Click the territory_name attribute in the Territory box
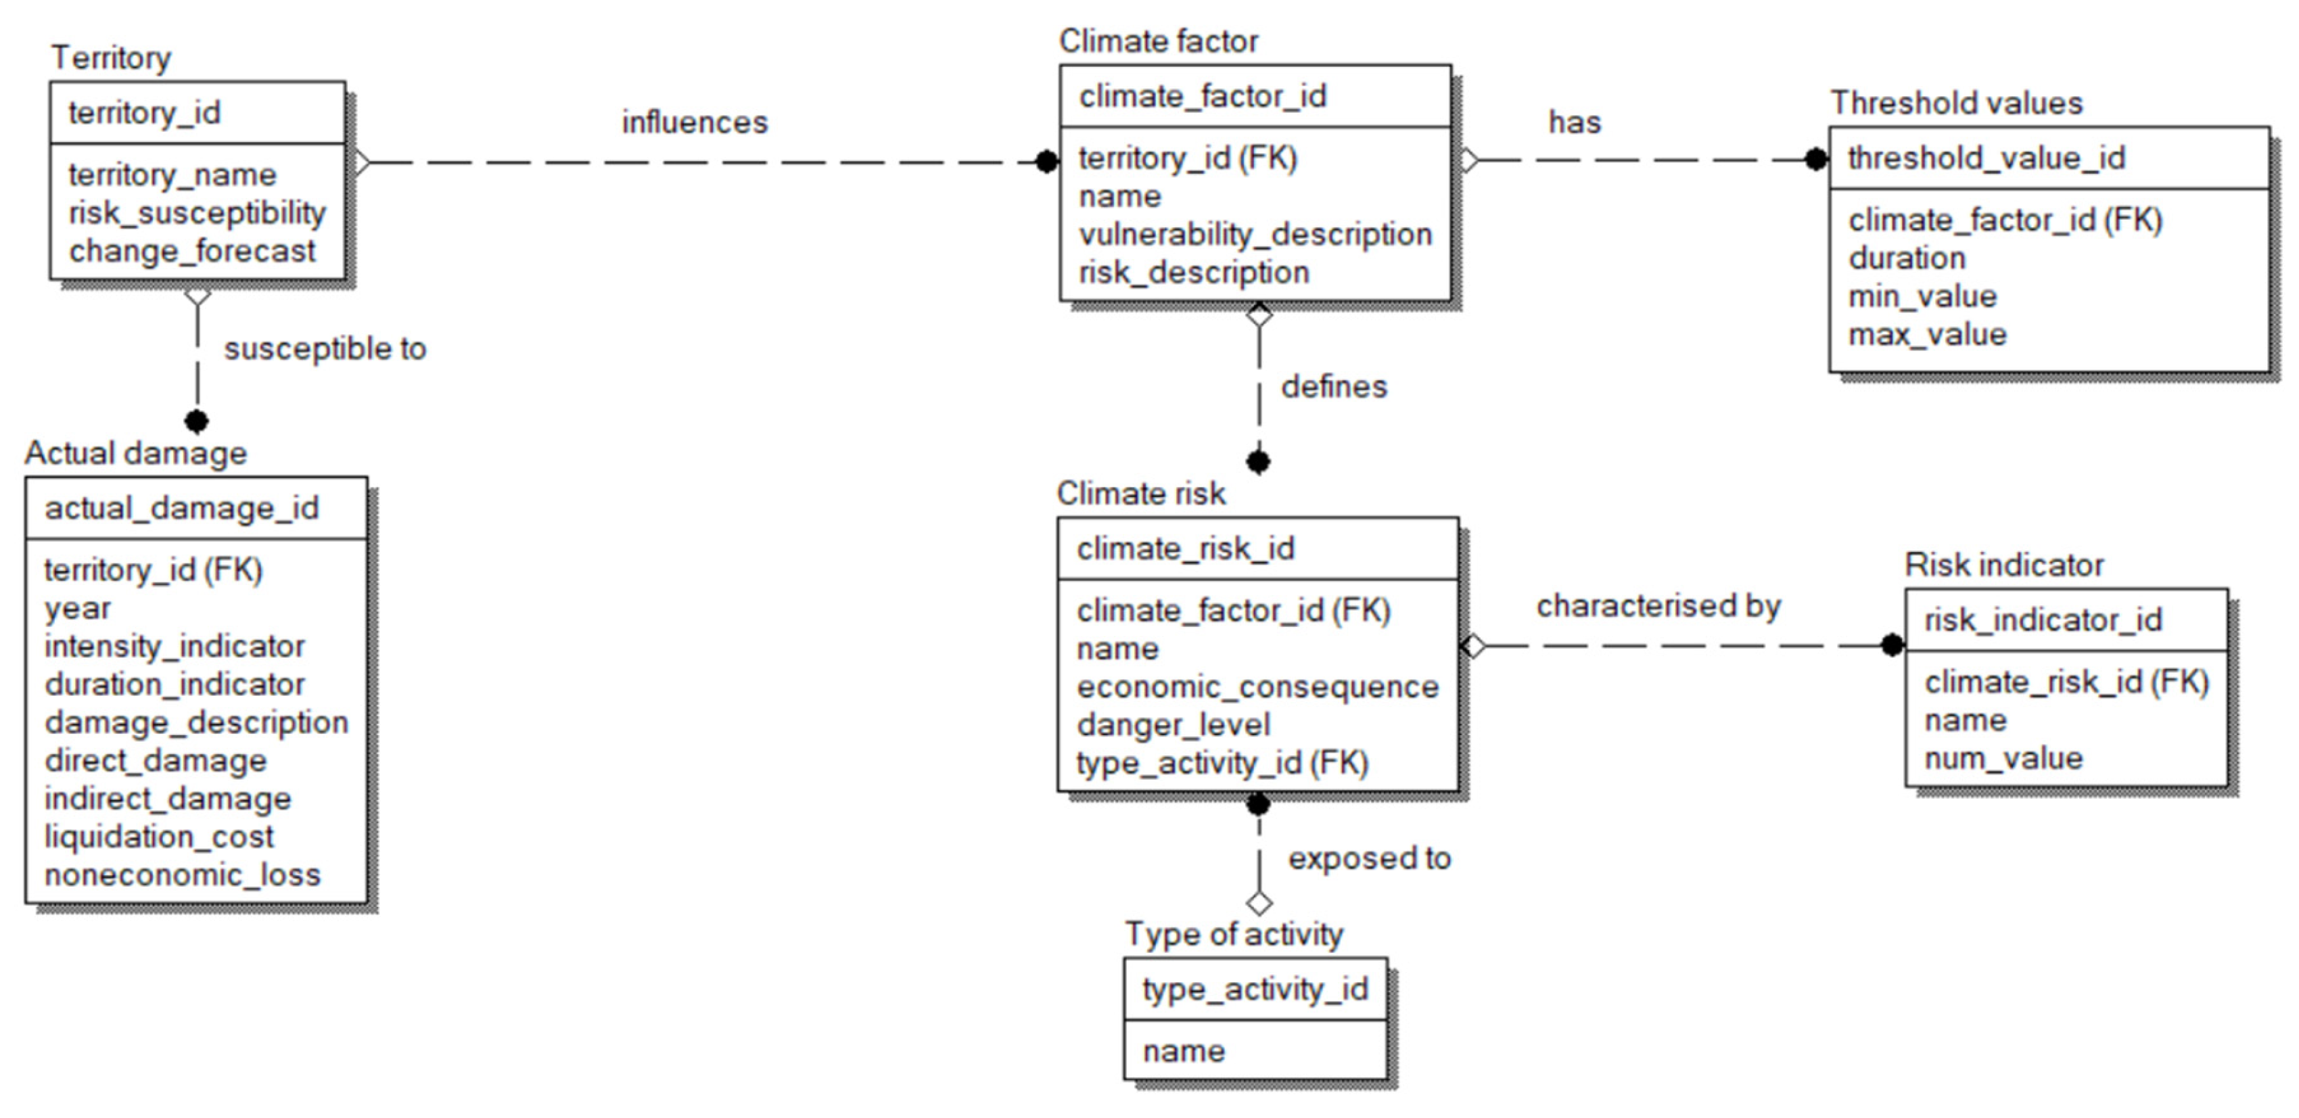172,175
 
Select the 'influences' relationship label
695,122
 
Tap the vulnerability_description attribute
1255,235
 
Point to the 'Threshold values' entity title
1956,103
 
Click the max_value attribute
1927,335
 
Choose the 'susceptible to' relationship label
325,349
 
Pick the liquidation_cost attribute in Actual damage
159,837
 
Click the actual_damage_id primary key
181,509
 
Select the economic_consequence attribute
1257,687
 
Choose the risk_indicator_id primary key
2043,620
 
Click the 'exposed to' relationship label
1369,858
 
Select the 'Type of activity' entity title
1234,934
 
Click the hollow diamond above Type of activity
1258,904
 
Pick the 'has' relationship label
1575,122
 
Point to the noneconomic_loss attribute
182,875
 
